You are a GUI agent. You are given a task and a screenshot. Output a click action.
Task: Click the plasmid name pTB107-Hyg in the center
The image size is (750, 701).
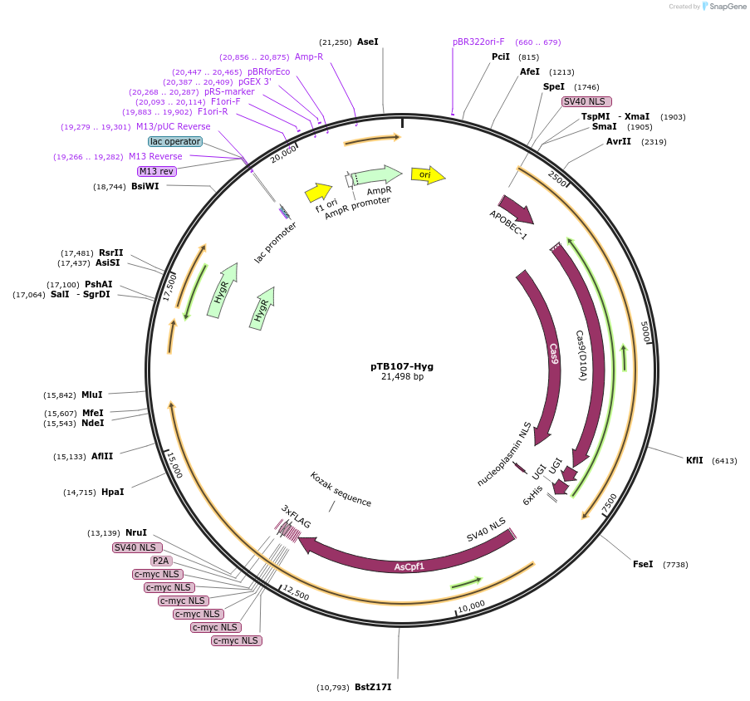point(402,365)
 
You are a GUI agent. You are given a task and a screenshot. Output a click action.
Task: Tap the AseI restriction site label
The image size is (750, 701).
point(367,42)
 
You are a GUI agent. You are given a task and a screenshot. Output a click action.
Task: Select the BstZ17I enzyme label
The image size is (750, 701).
point(372,687)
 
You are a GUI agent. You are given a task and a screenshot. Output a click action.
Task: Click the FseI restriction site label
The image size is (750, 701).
point(643,564)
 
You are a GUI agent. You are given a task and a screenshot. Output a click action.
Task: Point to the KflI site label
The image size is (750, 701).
point(694,460)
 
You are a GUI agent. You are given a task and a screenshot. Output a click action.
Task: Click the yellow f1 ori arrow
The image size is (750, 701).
point(318,193)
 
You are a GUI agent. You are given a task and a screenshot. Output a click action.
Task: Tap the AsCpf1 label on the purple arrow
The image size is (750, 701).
point(409,566)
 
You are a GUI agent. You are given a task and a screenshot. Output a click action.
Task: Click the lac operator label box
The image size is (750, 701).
point(175,141)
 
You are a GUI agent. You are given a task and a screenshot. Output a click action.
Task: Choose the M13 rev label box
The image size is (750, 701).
point(158,171)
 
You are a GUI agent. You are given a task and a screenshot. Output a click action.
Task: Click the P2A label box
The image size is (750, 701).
point(160,561)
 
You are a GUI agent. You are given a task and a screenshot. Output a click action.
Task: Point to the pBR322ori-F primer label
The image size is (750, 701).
point(478,42)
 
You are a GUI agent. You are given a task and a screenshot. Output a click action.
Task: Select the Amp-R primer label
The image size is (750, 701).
point(309,56)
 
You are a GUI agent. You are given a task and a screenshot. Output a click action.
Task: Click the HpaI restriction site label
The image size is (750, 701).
point(112,492)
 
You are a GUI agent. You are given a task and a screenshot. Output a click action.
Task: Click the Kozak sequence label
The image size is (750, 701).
point(341,489)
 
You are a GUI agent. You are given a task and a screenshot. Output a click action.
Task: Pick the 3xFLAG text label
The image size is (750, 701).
point(296,517)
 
